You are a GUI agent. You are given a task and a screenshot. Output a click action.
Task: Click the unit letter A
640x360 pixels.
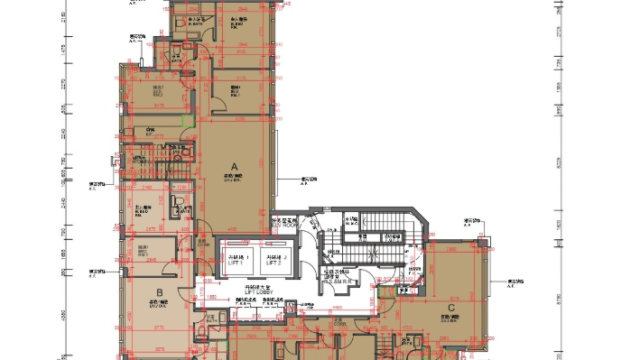[235, 166]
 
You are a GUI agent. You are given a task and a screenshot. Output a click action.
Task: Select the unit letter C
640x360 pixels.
[450, 307]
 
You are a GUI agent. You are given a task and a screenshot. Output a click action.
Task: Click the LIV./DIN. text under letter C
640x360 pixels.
[452, 319]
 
